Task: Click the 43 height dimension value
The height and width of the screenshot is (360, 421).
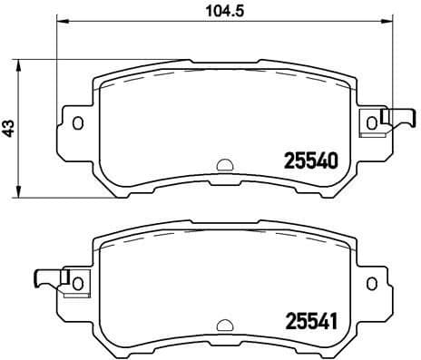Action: (10, 128)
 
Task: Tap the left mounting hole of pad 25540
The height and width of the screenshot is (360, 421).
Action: (77, 122)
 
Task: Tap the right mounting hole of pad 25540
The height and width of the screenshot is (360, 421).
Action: (370, 122)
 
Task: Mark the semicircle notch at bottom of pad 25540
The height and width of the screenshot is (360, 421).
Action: (223, 166)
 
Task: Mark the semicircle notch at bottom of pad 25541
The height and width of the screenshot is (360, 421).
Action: (223, 325)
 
